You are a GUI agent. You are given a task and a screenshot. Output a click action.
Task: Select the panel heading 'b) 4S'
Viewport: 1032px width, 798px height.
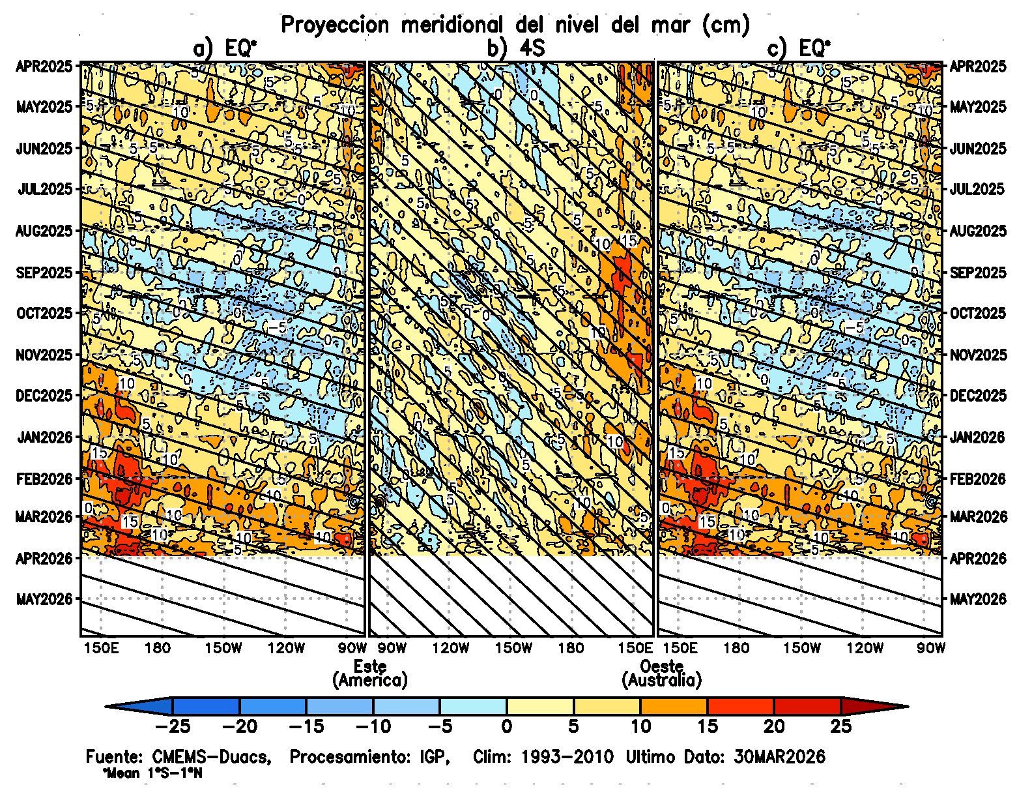point(515,48)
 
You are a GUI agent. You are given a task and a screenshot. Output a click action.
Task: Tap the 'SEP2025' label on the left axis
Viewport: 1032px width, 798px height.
point(44,273)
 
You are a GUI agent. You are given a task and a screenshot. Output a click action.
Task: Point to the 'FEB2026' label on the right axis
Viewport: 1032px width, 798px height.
point(977,479)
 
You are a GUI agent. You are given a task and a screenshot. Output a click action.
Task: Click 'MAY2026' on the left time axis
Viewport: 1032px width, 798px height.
point(44,598)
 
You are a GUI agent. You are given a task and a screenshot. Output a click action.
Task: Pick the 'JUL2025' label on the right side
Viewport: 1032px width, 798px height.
point(977,189)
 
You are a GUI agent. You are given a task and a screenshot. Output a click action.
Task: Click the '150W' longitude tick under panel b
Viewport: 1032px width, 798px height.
point(513,648)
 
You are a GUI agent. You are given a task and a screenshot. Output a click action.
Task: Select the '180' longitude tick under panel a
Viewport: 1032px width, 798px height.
point(158,648)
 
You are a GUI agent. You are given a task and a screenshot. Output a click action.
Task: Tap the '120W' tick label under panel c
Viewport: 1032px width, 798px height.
point(865,648)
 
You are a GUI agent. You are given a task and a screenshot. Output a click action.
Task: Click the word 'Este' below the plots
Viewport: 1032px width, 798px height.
point(370,666)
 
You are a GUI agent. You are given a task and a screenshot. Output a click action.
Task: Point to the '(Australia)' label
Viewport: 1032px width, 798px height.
point(661,681)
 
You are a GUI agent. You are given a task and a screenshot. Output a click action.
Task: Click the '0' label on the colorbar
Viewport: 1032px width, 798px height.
point(506,726)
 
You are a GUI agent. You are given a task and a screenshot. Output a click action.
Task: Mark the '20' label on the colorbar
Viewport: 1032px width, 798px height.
point(774,726)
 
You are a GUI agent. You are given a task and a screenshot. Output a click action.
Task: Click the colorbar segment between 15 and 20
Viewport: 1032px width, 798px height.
point(740,706)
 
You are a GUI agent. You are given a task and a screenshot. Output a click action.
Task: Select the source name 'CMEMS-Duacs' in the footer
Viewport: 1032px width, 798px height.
point(211,757)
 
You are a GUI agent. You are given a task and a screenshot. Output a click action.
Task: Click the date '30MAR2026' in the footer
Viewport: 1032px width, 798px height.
point(779,757)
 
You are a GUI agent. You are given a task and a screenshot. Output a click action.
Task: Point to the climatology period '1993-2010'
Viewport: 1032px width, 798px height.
point(567,757)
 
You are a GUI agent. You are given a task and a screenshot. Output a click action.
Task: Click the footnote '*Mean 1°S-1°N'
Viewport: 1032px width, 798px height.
point(152,774)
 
